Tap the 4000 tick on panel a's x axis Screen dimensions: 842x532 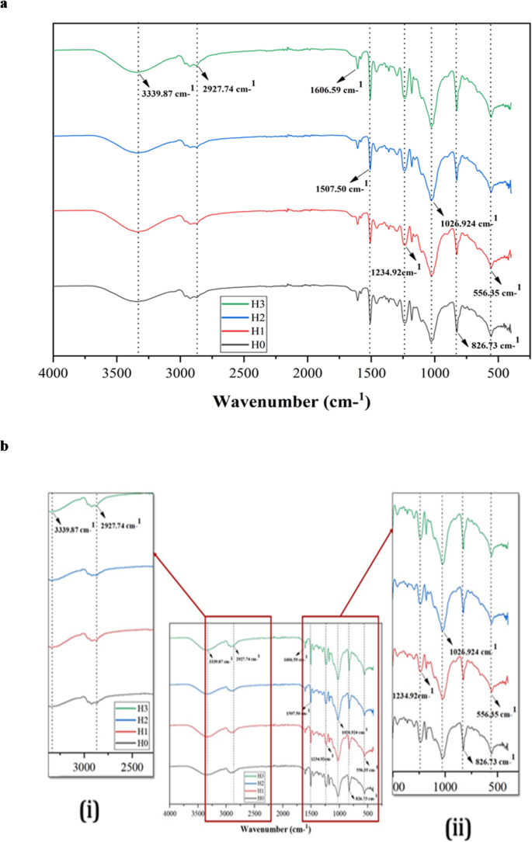click(53, 372)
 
